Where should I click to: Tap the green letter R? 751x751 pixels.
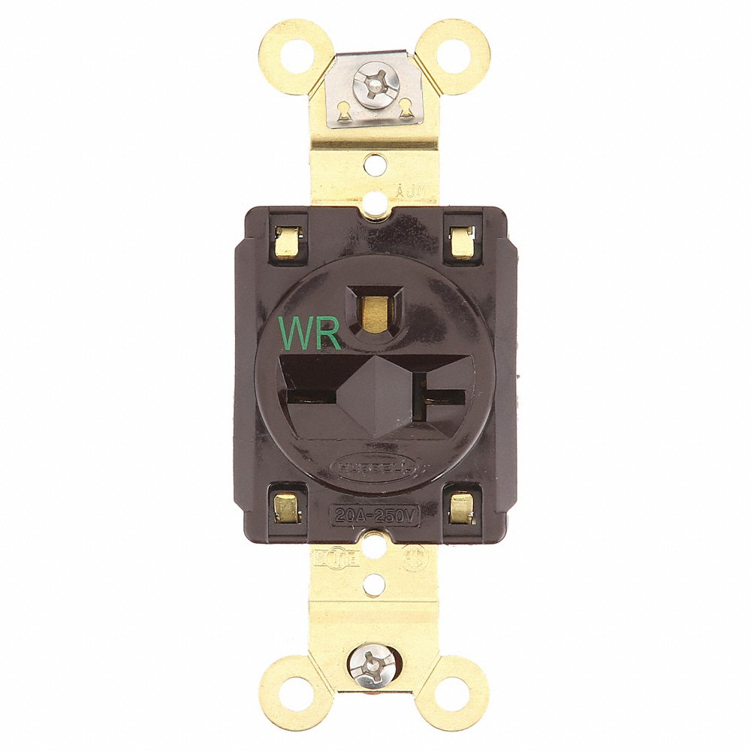(x=328, y=332)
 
